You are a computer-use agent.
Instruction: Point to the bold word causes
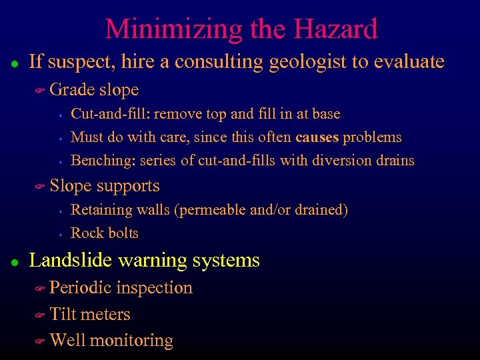pyautogui.click(x=317, y=137)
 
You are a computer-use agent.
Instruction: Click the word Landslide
pyautogui.click(x=71, y=260)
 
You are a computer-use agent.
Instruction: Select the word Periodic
pyautogui.click(x=81, y=288)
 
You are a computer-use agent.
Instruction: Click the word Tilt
pyautogui.click(x=63, y=314)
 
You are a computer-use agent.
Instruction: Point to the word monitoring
pyautogui.click(x=131, y=341)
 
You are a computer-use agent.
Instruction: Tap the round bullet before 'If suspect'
pyautogui.click(x=14, y=63)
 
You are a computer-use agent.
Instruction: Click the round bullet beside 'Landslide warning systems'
pyautogui.click(x=14, y=261)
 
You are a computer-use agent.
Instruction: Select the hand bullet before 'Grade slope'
pyautogui.click(x=39, y=90)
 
